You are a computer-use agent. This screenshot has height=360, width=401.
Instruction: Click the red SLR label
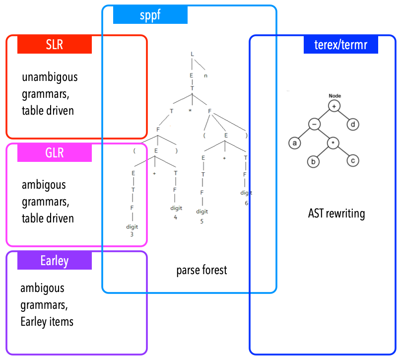[x=55, y=44]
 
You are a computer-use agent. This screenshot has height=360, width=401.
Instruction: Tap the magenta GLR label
[x=55, y=152]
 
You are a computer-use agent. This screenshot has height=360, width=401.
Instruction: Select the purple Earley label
[x=55, y=261]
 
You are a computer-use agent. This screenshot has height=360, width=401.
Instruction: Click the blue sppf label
[x=150, y=15]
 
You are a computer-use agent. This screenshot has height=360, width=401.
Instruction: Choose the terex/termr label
[x=340, y=45]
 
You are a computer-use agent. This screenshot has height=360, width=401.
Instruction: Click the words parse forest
[x=201, y=271]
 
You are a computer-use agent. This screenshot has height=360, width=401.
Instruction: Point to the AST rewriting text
[x=336, y=214]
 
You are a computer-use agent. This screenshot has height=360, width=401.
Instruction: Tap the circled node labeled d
[x=353, y=124]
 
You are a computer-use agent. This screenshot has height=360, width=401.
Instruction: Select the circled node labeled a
[x=295, y=143]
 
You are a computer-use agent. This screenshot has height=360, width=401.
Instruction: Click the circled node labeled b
[x=314, y=161]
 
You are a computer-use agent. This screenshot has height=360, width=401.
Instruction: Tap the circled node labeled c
[x=353, y=161]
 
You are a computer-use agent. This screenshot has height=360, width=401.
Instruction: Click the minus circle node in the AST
[x=314, y=124]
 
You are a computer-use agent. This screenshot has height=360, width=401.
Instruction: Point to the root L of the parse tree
[x=192, y=54]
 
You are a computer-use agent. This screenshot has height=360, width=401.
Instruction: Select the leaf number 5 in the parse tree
[x=201, y=221]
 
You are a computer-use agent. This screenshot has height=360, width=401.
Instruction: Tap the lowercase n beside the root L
[x=205, y=76]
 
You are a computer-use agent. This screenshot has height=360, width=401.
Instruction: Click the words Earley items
[x=47, y=322]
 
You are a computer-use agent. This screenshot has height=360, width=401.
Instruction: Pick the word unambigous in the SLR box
[x=50, y=78]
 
